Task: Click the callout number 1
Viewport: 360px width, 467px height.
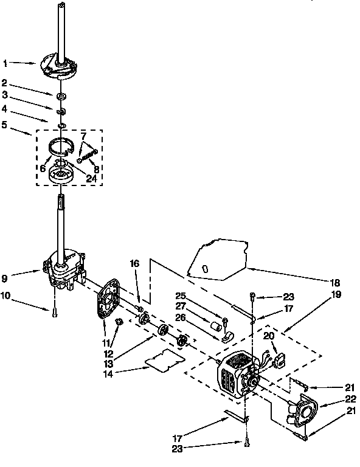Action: (5, 63)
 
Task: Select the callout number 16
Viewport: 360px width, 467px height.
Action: (134, 263)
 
